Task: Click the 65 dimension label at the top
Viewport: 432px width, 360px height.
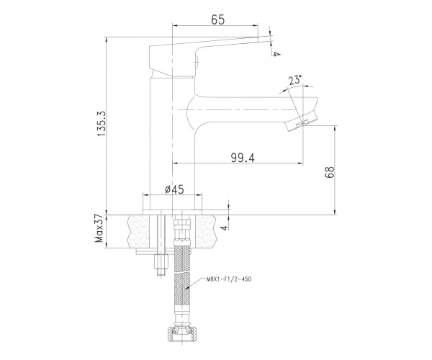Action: [x=218, y=19]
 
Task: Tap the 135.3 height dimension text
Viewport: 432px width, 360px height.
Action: [x=101, y=124]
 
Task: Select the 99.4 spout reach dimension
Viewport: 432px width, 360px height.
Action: [x=243, y=158]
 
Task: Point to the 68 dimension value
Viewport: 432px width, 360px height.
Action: [x=329, y=172]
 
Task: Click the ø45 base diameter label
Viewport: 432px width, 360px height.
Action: [x=174, y=189]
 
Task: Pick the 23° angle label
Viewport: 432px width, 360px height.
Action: [x=295, y=80]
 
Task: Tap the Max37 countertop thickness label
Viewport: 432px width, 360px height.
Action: [x=99, y=229]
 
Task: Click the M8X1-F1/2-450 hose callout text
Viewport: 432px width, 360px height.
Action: [x=229, y=279]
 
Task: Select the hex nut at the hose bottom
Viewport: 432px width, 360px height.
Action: [x=182, y=333]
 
